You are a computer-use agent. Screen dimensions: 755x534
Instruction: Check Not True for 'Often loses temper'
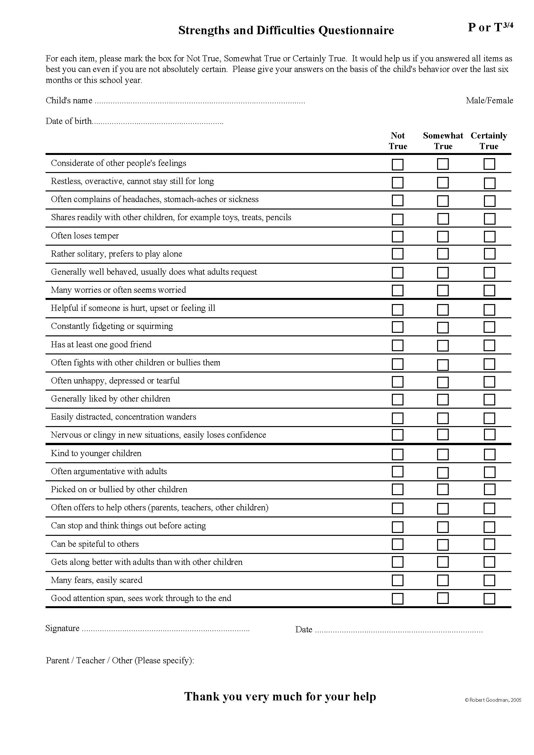pyautogui.click(x=397, y=236)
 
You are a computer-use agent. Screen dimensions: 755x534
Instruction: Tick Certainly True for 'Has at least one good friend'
pyautogui.click(x=489, y=345)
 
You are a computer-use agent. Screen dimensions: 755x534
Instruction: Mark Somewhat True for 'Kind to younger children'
pyautogui.click(x=443, y=454)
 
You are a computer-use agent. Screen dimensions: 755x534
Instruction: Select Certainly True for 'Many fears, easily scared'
pyautogui.click(x=489, y=580)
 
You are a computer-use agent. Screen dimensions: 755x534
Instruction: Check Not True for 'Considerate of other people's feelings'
pyautogui.click(x=397, y=164)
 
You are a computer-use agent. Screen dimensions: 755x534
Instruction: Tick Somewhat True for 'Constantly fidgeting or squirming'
pyautogui.click(x=443, y=327)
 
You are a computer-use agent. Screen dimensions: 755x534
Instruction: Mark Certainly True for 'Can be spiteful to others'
pyautogui.click(x=489, y=544)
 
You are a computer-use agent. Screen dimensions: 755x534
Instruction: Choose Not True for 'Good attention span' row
pyautogui.click(x=397, y=598)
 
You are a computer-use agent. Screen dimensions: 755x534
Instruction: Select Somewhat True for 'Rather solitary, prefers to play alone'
pyautogui.click(x=443, y=254)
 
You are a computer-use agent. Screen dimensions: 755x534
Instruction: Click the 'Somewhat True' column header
pyautogui.click(x=443, y=141)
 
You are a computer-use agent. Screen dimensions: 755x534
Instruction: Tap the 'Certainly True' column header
pyautogui.click(x=489, y=141)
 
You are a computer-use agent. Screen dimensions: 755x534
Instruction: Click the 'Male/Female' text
pyautogui.click(x=489, y=100)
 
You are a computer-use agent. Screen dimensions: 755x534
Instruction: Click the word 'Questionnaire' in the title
pyautogui.click(x=356, y=31)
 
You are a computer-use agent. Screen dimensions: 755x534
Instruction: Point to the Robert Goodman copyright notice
pyautogui.click(x=493, y=700)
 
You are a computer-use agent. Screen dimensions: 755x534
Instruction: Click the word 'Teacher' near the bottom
pyautogui.click(x=90, y=660)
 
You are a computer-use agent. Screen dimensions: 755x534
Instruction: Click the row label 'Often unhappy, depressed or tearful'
pyautogui.click(x=115, y=381)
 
